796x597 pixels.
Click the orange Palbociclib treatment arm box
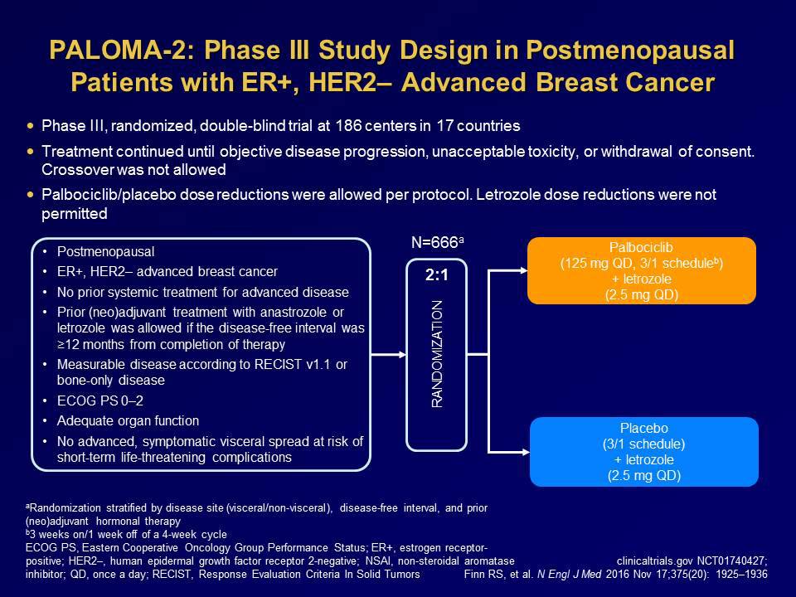tap(642, 270)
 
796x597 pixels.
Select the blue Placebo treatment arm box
tap(643, 451)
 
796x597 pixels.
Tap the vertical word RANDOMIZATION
tap(437, 353)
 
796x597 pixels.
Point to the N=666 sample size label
tap(435, 243)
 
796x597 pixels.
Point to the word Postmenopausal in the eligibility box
tap(106, 251)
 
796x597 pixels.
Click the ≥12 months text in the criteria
tap(94, 342)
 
